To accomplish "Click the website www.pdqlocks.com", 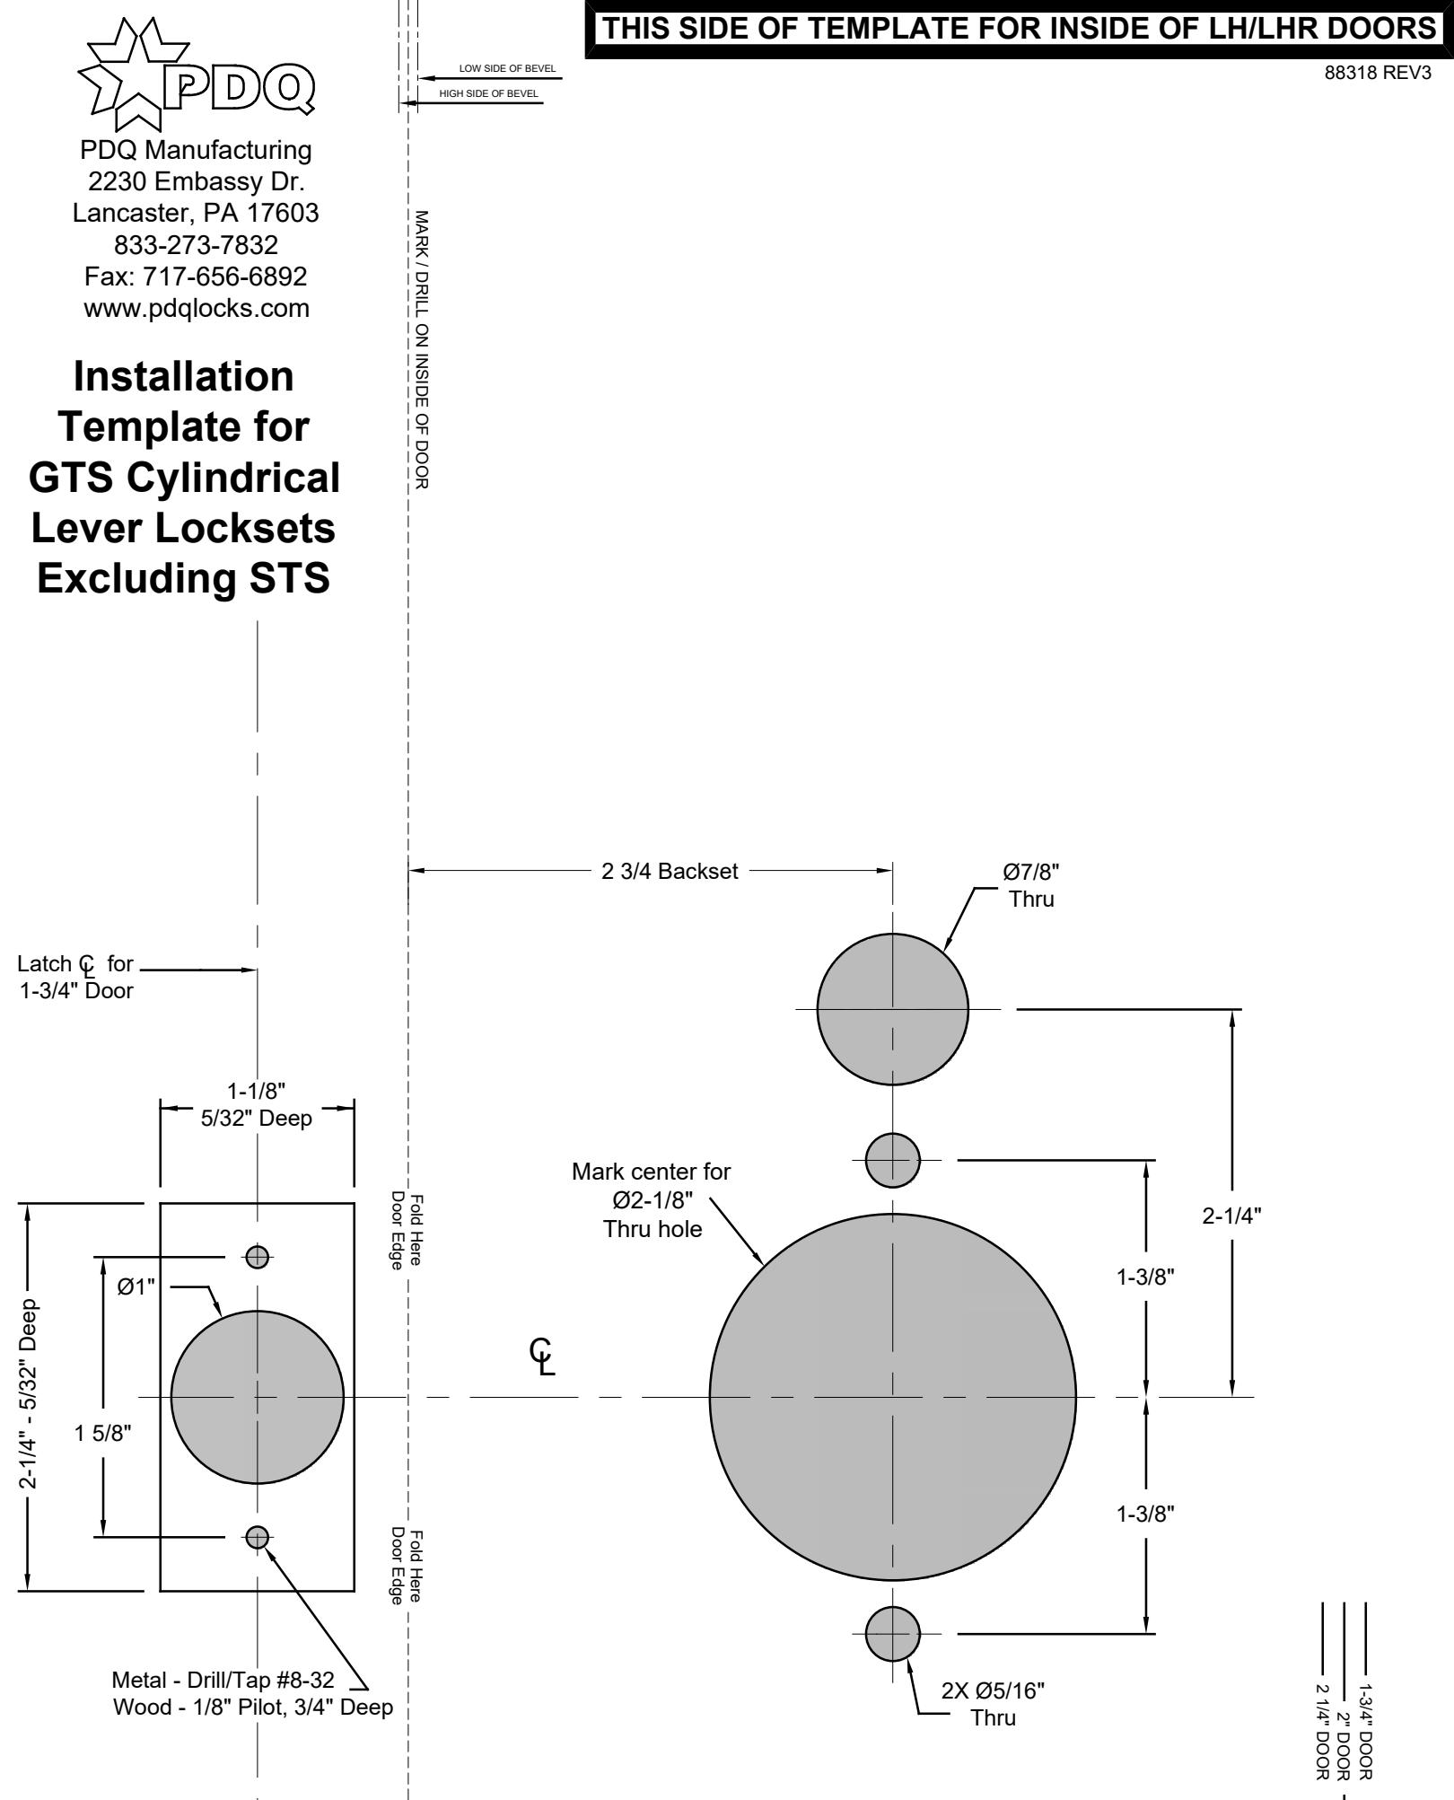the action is (197, 308).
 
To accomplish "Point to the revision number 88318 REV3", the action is (1378, 74).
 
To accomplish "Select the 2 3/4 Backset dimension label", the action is (670, 871).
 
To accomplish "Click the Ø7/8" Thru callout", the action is (1031, 884).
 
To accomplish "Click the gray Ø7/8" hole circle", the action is (893, 1009).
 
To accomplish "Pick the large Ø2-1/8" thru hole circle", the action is (893, 1397).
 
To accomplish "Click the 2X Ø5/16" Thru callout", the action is (993, 1704).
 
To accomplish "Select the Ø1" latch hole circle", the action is (258, 1397).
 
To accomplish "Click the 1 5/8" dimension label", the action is (103, 1432).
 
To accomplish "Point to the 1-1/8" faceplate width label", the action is (257, 1091).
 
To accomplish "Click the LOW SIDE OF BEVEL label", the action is (507, 69).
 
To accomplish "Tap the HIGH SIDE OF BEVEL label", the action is (489, 93).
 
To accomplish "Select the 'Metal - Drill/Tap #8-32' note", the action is (223, 1679).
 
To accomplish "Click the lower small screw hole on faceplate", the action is (258, 1537).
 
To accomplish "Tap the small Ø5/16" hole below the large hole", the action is (893, 1634).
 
